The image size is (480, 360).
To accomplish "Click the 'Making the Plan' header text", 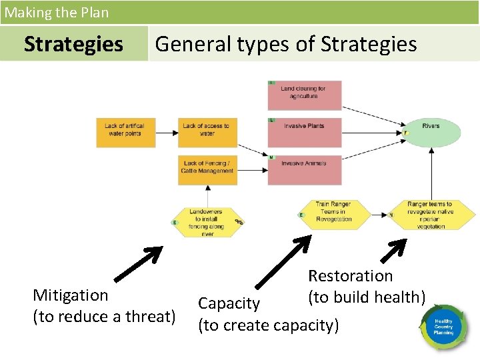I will (x=57, y=12).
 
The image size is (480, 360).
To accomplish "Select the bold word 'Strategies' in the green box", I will (x=73, y=44).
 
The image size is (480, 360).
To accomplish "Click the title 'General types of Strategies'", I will (x=285, y=44).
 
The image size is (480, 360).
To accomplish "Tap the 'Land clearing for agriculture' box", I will (x=305, y=95).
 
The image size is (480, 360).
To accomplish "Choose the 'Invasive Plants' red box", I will (x=305, y=132).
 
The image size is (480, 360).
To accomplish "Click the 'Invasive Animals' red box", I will (x=305, y=169).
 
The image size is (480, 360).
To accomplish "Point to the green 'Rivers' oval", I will (x=431, y=131).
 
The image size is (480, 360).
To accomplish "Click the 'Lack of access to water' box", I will (x=207, y=132).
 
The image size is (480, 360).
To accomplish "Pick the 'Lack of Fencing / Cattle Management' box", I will (x=207, y=169).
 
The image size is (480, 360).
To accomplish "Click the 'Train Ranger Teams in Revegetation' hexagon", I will (x=333, y=215).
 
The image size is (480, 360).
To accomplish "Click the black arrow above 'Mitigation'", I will (x=139, y=263).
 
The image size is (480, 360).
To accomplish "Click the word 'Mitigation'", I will (x=70, y=295).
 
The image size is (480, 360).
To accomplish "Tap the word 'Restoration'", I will (x=350, y=275).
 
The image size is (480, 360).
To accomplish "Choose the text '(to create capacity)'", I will (x=268, y=325).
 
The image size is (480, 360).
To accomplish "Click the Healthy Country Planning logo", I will (x=443, y=327).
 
